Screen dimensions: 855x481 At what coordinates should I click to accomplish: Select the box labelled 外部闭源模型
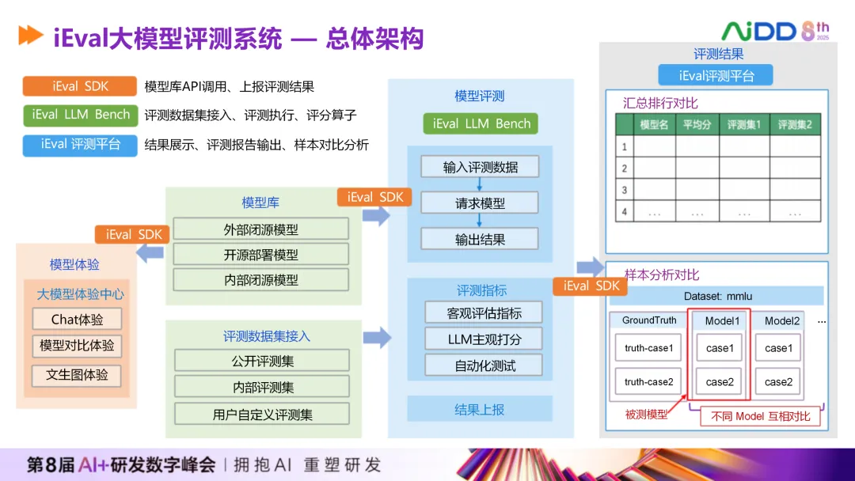coord(260,229)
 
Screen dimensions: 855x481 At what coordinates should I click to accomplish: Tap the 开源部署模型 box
coord(260,255)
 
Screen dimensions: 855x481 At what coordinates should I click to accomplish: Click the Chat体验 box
coord(78,320)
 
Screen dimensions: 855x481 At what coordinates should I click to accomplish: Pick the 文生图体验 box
coord(77,375)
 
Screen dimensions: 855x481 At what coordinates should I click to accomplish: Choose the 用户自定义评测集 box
coord(262,414)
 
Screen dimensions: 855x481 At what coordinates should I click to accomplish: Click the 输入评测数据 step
coord(481,167)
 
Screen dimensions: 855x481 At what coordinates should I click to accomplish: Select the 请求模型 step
coord(480,203)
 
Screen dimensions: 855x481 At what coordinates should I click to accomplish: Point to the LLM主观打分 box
coord(484,339)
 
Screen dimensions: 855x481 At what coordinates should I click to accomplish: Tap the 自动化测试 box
coord(484,365)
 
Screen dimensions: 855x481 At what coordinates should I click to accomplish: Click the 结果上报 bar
coord(479,409)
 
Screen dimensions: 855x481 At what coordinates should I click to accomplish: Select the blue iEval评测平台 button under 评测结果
coord(716,76)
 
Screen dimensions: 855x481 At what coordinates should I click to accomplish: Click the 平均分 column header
coord(697,125)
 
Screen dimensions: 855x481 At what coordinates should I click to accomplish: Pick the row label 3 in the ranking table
coord(625,190)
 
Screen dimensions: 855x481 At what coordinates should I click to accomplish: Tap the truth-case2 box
coord(648,382)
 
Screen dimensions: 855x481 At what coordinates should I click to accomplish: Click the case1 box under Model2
coord(777,348)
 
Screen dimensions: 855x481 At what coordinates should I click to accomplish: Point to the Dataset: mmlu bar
coord(717,296)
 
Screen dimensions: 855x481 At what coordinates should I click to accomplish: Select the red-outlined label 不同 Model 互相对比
coord(760,416)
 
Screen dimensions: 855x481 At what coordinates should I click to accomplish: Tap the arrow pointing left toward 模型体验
coord(150,253)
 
